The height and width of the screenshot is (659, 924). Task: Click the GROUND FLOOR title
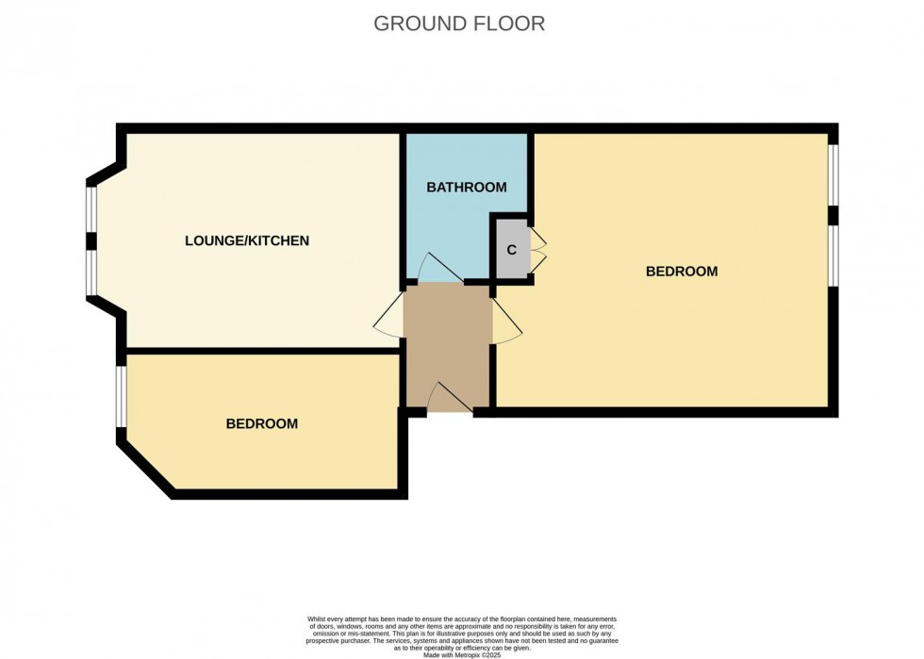pyautogui.click(x=459, y=24)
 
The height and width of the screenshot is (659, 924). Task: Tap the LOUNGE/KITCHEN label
pyautogui.click(x=247, y=240)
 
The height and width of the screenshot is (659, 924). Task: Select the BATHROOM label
pyautogui.click(x=467, y=188)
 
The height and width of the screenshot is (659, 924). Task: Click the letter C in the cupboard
pyautogui.click(x=511, y=250)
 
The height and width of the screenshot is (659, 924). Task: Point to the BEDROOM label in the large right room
pyautogui.click(x=682, y=272)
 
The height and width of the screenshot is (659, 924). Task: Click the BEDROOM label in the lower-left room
pyautogui.click(x=262, y=424)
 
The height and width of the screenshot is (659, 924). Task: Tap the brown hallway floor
pyautogui.click(x=449, y=345)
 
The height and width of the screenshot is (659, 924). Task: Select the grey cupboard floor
pyautogui.click(x=511, y=250)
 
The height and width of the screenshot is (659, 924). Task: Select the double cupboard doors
pyautogui.click(x=538, y=251)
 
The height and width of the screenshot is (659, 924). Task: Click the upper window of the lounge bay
pyautogui.click(x=91, y=210)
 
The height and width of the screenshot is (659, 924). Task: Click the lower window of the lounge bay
pyautogui.click(x=91, y=272)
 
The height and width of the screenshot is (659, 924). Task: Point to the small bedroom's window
pyautogui.click(x=121, y=396)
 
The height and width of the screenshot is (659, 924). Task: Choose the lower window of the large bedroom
pyautogui.click(x=833, y=256)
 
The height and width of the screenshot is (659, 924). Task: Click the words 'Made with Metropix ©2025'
pyautogui.click(x=462, y=655)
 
